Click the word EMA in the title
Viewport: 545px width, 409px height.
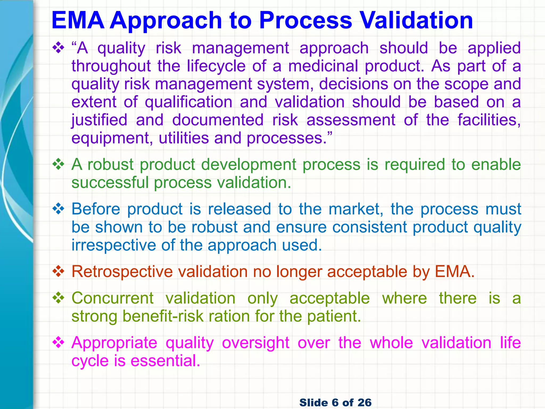[x=78, y=21]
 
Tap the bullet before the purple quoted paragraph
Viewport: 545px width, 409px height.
[x=58, y=48]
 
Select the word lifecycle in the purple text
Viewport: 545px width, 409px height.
[x=216, y=66]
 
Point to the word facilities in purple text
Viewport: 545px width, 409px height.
[x=489, y=120]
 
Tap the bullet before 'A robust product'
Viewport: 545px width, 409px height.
[x=58, y=165]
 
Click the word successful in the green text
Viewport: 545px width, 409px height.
[x=110, y=183]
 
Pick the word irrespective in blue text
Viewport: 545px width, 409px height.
[x=113, y=245]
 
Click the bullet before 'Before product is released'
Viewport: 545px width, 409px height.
[x=58, y=209]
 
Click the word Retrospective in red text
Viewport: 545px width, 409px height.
[x=122, y=272]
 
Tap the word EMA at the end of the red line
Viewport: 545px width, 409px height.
[x=455, y=272]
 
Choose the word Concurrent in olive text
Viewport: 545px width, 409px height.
[x=113, y=298]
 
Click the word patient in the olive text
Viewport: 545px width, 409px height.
[x=334, y=316]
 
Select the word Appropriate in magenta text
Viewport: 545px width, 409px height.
[x=114, y=343]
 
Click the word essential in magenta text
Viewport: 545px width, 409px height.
[x=165, y=361]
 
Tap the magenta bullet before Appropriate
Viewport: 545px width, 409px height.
[x=58, y=343]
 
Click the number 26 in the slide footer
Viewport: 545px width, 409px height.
[x=364, y=402]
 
